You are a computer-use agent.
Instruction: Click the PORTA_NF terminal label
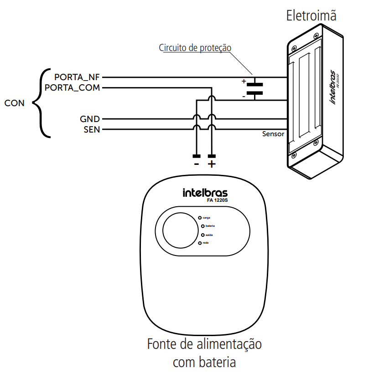[x=77, y=77]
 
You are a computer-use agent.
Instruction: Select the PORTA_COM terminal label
[x=72, y=87]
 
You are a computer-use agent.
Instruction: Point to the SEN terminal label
[x=91, y=129]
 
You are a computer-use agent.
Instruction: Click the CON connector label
[x=14, y=103]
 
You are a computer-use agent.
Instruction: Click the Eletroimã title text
[x=311, y=15]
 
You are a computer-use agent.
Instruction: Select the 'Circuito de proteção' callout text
[x=195, y=48]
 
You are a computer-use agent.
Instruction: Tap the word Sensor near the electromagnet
[x=273, y=134]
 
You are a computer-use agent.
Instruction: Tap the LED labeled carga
[x=200, y=218]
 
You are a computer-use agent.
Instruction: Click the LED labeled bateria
[x=202, y=226]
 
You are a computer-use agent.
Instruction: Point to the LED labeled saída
[x=202, y=235]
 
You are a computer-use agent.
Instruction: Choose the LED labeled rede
[x=200, y=244]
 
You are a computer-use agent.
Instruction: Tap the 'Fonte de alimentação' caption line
[x=204, y=344]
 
